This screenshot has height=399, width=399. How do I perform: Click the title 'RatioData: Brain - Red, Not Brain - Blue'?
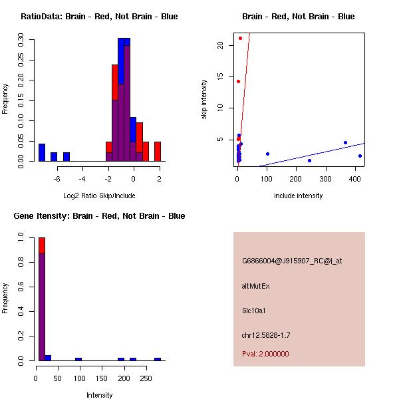point(99,17)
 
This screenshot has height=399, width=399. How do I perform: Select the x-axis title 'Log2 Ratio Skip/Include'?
point(99,196)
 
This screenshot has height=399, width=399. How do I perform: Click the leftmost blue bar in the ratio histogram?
point(42,152)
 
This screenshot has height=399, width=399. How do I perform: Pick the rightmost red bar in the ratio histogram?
point(158,152)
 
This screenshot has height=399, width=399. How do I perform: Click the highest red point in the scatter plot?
point(240,38)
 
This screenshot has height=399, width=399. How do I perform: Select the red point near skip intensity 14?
point(238,81)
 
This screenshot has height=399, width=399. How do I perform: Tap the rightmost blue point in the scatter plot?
point(360,156)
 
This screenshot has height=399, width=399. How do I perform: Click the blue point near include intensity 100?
point(267,154)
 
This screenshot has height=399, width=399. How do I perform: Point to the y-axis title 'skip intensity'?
point(205,100)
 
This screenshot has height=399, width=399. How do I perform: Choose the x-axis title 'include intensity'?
point(299,196)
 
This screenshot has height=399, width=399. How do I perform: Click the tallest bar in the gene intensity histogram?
point(41,299)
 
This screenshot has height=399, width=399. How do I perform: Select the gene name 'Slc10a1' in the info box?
point(254,311)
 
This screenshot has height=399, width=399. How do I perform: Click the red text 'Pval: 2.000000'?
point(265,354)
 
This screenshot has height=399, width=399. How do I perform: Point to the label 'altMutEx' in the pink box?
point(256,286)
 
